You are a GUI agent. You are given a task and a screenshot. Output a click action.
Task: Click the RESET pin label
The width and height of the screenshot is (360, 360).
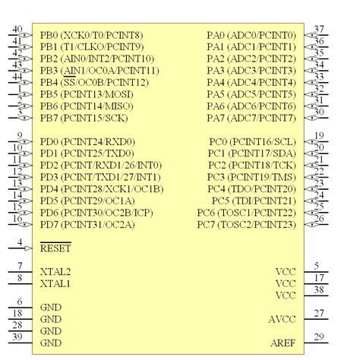(55, 248)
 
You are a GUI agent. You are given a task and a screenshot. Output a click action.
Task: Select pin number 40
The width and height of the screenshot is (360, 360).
(17, 30)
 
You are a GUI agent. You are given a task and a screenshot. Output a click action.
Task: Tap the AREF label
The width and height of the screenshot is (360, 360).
(283, 343)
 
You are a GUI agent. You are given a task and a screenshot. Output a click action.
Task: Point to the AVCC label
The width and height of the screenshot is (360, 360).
(282, 319)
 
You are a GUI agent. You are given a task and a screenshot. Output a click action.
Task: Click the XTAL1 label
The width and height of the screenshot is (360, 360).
(55, 284)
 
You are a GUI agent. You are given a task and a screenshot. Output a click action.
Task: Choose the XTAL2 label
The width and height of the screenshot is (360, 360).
(55, 272)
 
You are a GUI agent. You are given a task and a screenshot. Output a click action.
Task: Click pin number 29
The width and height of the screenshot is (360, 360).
(319, 337)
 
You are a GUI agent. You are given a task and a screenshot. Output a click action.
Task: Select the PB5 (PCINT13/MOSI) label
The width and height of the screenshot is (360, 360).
(87, 94)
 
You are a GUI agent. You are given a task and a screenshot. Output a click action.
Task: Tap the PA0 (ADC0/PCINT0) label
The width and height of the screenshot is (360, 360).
(251, 35)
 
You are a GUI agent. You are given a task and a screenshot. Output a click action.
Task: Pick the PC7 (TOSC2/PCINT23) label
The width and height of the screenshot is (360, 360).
(247, 225)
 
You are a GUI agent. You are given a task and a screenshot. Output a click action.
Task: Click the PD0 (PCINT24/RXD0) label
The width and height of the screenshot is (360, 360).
(87, 142)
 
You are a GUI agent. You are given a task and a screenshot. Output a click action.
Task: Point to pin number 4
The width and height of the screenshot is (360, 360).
(20, 242)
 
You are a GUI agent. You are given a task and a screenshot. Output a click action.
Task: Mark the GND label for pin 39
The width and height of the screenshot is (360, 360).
(51, 343)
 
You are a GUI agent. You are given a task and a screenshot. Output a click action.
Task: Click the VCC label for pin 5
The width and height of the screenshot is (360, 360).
(286, 272)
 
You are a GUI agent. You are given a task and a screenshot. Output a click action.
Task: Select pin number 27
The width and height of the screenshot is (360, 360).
(319, 313)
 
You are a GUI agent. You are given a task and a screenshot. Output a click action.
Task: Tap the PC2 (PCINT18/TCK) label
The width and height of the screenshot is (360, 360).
(252, 166)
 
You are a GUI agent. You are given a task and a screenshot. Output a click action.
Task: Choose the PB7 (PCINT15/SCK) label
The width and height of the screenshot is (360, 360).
(84, 118)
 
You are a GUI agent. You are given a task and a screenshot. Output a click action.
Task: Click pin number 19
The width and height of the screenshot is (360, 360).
(319, 136)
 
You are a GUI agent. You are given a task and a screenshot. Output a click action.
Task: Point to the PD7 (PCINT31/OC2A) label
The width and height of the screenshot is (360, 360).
(87, 225)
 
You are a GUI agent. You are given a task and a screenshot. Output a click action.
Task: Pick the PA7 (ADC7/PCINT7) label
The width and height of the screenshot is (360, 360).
(251, 118)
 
